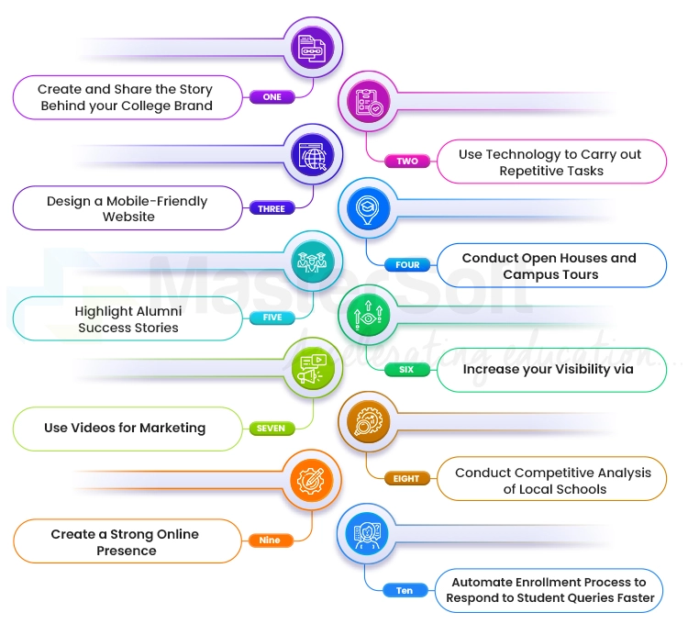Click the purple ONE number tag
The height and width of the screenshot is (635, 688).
pos(272,97)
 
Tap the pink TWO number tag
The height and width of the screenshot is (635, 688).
pos(407,162)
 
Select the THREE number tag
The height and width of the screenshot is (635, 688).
pos(272,209)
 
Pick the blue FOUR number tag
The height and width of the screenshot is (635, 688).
pos(407,265)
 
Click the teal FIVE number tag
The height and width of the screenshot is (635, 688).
pos(272,317)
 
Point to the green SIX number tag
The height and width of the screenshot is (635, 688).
pos(406,370)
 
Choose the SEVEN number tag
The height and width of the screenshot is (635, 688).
pos(271,429)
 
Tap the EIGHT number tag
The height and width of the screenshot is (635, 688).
pos(406,478)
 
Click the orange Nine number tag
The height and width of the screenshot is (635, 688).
pos(270,540)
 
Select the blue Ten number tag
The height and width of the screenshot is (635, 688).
pos(405,591)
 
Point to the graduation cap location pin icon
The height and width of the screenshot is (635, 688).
pos(365,208)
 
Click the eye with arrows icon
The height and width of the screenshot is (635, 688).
pos(365,315)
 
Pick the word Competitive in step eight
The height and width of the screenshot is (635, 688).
pos(544,473)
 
